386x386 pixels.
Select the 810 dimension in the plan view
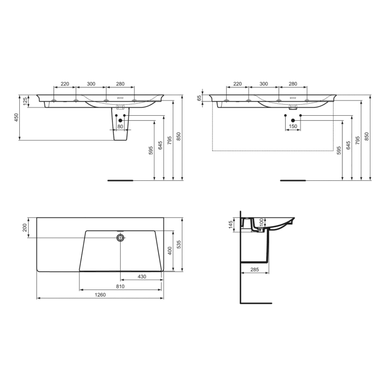click(120, 286)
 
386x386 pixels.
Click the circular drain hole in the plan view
click(120, 238)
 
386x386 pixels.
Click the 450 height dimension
click(17, 117)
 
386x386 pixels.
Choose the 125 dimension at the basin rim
click(25, 101)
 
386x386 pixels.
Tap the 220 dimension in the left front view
click(65, 84)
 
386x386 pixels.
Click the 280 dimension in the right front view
click(293, 84)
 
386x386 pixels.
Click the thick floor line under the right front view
click(293, 180)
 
